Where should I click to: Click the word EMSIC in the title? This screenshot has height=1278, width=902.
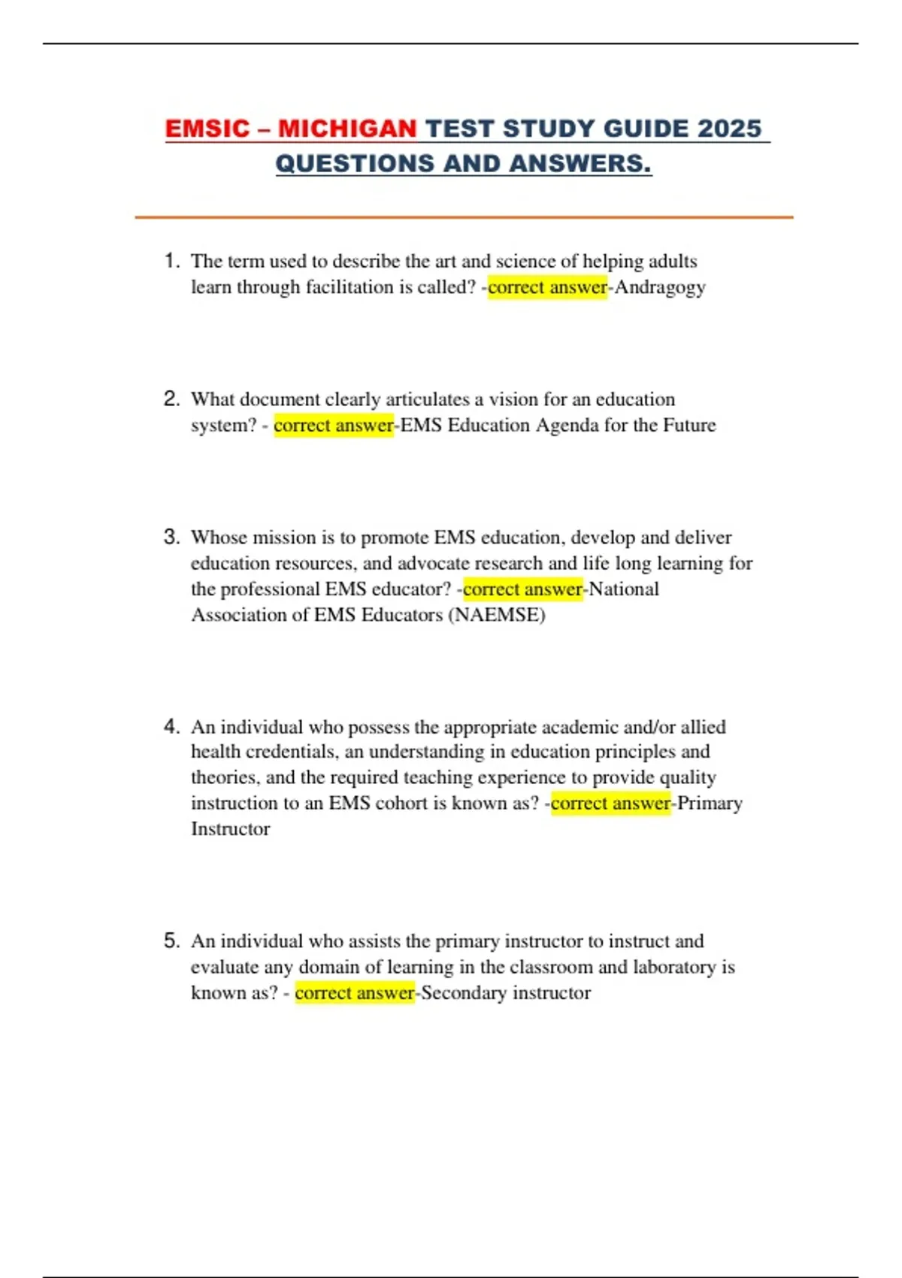pos(207,129)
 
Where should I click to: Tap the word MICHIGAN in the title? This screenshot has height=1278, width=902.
pos(347,129)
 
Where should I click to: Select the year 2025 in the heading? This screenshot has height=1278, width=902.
pos(728,129)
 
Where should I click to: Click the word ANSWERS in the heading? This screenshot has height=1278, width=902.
pos(578,163)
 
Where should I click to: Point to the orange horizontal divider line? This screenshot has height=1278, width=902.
pos(464,217)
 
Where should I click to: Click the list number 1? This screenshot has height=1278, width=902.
pos(171,261)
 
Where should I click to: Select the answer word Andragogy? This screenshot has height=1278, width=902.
pos(660,287)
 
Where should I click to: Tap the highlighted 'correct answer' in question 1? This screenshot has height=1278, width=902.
pos(547,287)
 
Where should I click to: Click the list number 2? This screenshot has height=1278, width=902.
pos(171,398)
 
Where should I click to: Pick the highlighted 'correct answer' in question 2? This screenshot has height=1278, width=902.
pos(333,425)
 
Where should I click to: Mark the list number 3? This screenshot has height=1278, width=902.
pos(171,537)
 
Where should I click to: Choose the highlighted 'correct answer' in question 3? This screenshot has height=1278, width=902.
pos(522,589)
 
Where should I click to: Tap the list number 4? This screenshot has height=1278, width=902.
pos(171,726)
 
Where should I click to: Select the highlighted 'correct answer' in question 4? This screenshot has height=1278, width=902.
pos(610,804)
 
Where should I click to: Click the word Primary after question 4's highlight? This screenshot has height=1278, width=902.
pos(710,804)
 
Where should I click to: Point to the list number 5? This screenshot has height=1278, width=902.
pos(171,940)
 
